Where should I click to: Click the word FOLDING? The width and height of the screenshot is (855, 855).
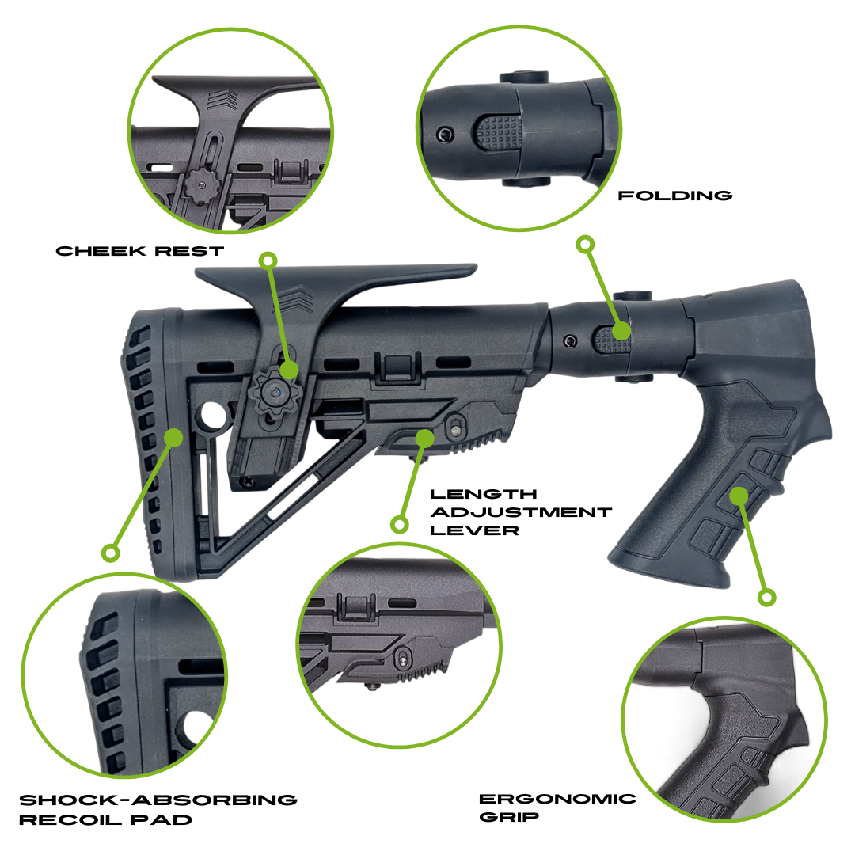[674, 195]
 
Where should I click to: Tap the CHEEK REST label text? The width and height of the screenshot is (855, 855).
[140, 251]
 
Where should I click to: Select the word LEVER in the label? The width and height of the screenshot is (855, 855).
[474, 530]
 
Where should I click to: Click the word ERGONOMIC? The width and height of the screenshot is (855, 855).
[557, 798]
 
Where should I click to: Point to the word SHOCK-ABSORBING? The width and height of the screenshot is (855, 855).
[158, 800]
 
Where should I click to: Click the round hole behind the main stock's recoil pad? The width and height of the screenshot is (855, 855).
[213, 414]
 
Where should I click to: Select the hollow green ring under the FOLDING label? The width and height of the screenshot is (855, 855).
[585, 244]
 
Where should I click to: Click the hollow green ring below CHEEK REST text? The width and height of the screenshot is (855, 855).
[268, 260]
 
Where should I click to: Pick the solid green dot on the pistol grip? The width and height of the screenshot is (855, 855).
[739, 496]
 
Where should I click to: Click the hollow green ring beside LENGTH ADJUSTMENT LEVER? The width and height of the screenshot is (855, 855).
[400, 523]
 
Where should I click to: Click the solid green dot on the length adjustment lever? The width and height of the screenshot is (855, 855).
[425, 437]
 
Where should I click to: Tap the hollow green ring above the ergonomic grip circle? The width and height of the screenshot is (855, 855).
[766, 597]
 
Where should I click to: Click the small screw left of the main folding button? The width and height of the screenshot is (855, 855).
[569, 341]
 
